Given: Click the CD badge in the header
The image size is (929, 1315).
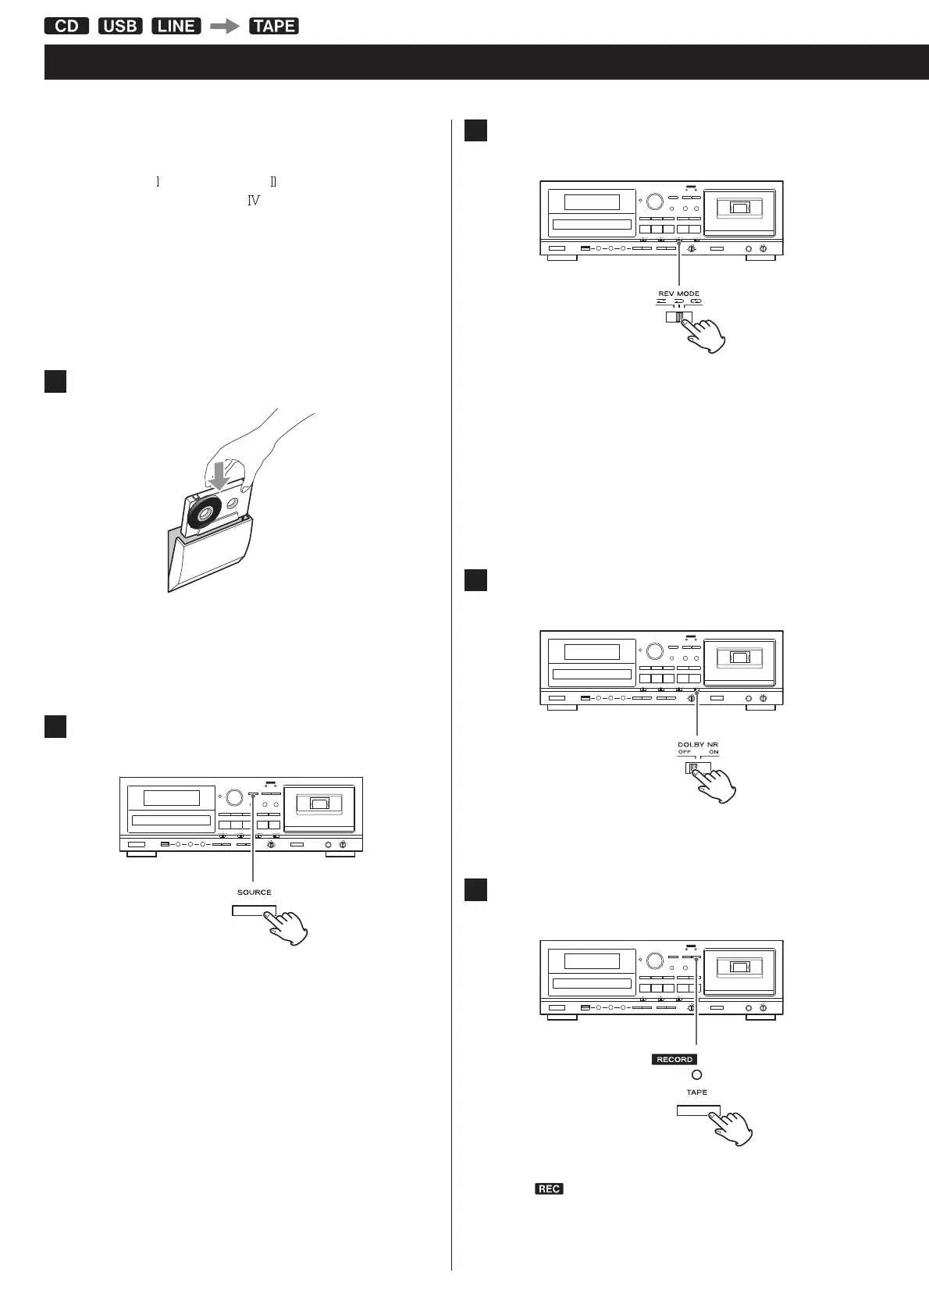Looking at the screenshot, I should click(67, 26).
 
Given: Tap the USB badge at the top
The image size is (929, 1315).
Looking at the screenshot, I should click(120, 26).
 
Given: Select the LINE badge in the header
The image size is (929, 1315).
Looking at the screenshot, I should click(176, 26).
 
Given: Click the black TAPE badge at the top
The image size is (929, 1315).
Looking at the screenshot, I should click(274, 26).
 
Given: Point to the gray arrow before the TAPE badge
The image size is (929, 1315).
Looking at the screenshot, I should click(226, 26).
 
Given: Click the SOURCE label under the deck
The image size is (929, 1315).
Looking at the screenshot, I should click(254, 892).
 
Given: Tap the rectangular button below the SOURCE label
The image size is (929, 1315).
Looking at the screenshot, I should click(254, 912).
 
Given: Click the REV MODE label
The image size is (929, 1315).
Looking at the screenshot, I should click(678, 294).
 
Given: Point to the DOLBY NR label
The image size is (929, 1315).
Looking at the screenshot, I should click(697, 743).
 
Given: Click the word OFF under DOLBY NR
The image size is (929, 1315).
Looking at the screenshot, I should click(685, 752).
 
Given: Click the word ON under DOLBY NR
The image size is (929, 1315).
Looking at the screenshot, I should click(714, 752).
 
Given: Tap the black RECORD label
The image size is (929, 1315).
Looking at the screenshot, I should click(675, 1060).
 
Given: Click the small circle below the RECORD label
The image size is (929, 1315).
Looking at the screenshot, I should click(696, 1075).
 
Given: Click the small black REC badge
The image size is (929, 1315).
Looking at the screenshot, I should click(549, 1188).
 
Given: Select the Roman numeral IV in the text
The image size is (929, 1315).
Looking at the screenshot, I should click(253, 201).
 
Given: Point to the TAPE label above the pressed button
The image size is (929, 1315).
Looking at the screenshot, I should click(696, 1092).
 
